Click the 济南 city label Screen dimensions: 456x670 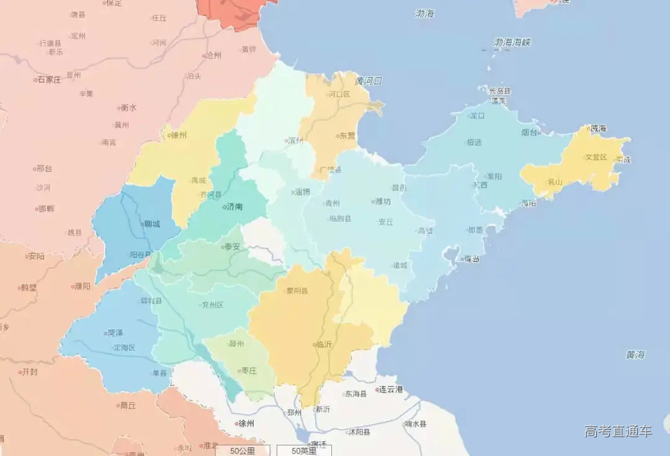(x=235, y=207)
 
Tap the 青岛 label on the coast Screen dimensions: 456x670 (x=473, y=259)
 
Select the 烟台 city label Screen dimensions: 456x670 (x=529, y=132)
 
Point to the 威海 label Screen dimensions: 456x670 (x=599, y=128)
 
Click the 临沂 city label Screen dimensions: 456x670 (x=324, y=344)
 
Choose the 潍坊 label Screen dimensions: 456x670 (x=383, y=202)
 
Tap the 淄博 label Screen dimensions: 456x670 (x=302, y=192)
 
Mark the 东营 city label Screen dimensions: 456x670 (x=347, y=136)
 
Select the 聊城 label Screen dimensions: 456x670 (x=152, y=224)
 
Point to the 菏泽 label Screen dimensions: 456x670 (x=115, y=333)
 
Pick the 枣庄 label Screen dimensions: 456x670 (x=249, y=371)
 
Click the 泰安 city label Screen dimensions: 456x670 (x=233, y=246)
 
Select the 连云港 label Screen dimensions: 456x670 (x=391, y=390)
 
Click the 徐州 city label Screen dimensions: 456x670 (x=246, y=424)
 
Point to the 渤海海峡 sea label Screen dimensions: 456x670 (x=512, y=43)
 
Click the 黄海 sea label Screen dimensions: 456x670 (x=635, y=355)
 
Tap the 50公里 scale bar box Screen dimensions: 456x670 (x=243, y=451)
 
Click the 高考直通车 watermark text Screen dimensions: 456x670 (x=619, y=431)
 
